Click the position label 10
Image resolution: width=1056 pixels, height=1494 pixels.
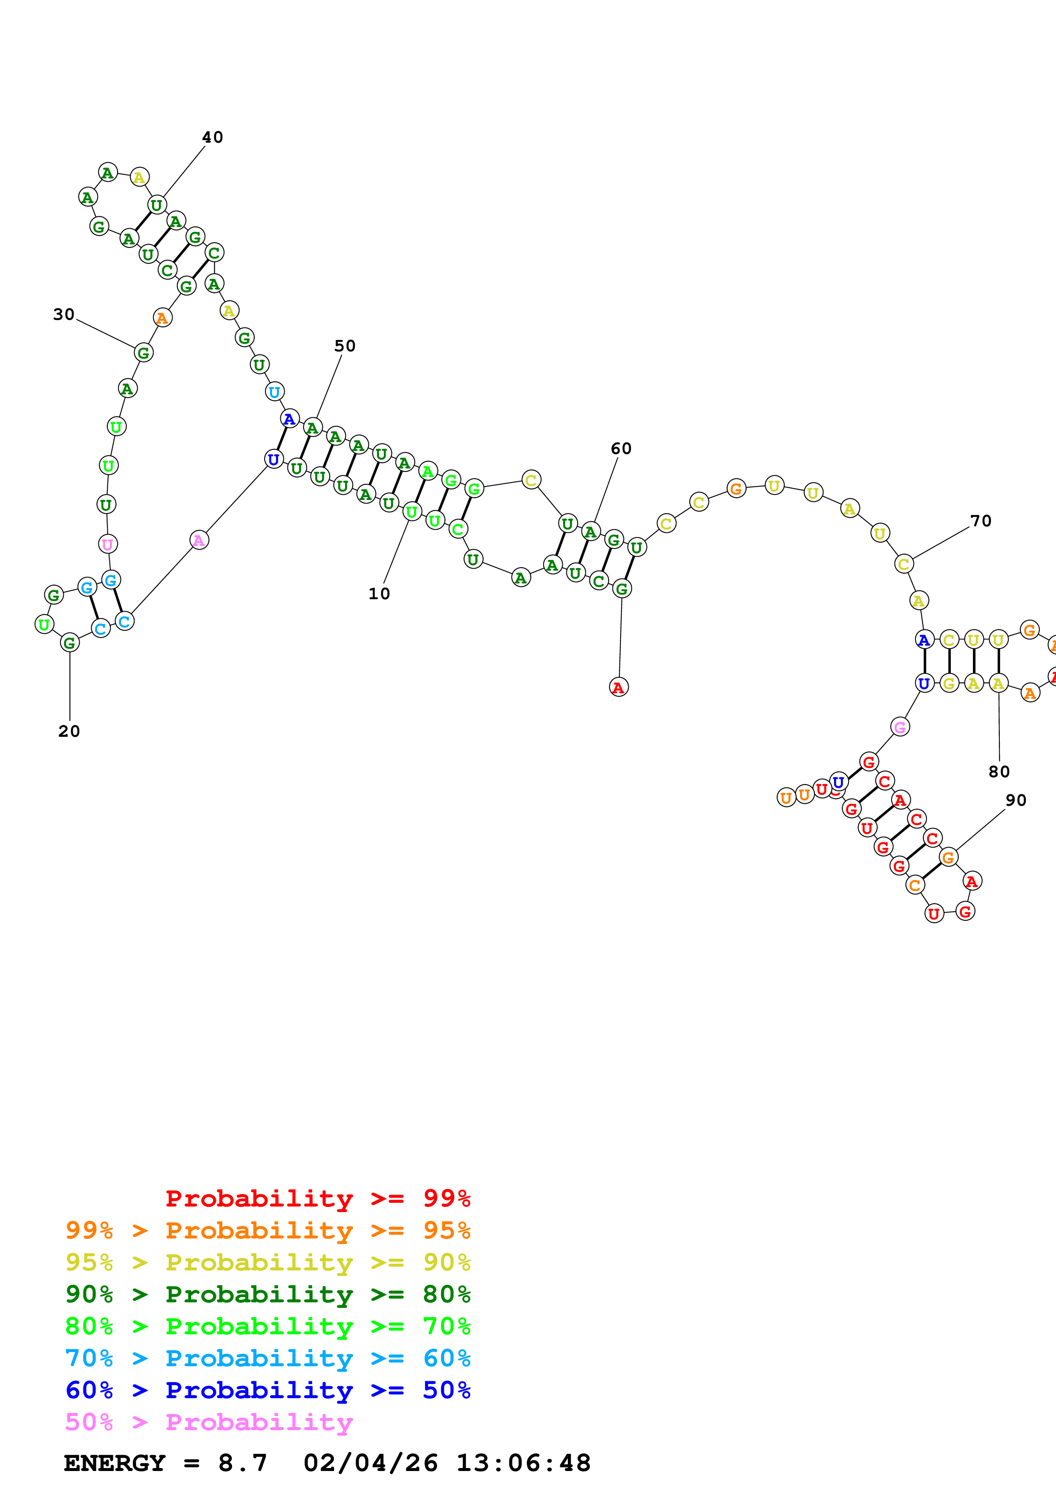point(379,593)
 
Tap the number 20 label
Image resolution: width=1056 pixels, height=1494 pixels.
point(69,731)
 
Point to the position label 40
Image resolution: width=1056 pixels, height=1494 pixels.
point(212,137)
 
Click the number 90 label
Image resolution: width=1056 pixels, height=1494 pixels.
point(1016,800)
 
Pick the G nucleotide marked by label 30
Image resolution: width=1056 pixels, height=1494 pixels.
point(143,353)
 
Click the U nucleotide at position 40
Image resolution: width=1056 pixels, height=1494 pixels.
point(157,205)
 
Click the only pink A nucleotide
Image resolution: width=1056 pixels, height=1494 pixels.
point(199,540)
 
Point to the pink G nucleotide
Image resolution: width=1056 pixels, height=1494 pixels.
point(900,727)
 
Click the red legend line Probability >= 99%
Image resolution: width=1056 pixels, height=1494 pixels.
point(317,1198)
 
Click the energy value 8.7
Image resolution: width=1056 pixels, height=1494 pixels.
point(243,1463)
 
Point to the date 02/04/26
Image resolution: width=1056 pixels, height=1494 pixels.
point(370,1463)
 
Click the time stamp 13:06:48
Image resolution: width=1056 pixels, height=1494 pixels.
point(523,1463)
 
